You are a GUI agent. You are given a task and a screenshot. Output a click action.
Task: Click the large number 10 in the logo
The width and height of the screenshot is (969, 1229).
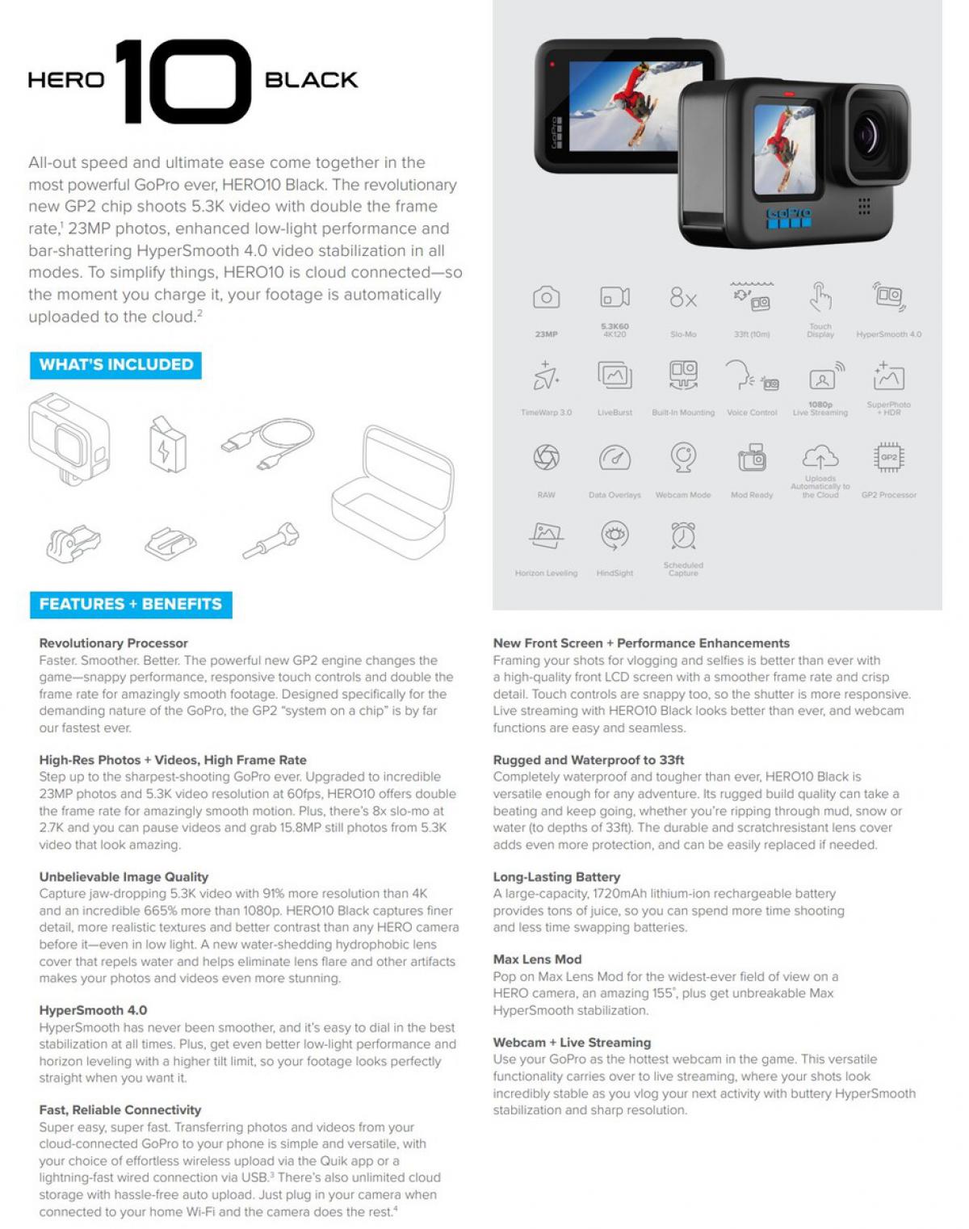coord(184,81)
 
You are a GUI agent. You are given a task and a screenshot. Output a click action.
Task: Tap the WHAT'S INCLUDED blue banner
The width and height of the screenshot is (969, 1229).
coord(115,365)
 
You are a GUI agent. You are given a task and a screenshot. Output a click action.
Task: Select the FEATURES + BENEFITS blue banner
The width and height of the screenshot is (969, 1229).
coord(131,605)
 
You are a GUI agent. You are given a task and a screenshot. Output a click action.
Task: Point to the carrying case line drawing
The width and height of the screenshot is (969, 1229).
coord(392,493)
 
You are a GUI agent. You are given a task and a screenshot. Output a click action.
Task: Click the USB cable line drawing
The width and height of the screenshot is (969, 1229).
coord(268,442)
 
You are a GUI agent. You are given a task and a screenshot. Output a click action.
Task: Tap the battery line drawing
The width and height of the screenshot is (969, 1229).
coord(167,444)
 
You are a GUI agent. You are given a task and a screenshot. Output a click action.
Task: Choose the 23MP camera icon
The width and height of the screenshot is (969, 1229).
coord(546,298)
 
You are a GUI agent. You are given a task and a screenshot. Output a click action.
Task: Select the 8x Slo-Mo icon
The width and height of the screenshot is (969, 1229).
coord(683,299)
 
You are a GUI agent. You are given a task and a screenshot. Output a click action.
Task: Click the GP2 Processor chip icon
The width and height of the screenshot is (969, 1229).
coord(888,458)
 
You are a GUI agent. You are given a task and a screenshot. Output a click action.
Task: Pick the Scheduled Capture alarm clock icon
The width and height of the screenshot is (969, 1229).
coord(683,535)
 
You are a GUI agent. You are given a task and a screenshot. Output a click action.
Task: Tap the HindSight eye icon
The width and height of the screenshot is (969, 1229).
coord(615,535)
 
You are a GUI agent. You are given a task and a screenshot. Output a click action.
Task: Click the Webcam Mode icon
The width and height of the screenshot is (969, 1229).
coord(683,458)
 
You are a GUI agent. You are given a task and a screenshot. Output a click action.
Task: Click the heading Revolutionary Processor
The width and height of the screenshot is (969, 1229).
coord(113,644)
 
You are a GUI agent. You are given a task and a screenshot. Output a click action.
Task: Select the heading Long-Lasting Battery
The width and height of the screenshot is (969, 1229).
coord(556,877)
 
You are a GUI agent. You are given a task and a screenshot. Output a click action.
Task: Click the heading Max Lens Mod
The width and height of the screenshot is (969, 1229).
coord(537,959)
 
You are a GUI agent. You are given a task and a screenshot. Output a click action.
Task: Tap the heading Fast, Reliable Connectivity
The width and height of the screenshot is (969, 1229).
coord(120,1110)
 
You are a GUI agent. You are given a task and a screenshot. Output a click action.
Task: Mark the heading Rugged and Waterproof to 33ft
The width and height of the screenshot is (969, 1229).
coord(588,760)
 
